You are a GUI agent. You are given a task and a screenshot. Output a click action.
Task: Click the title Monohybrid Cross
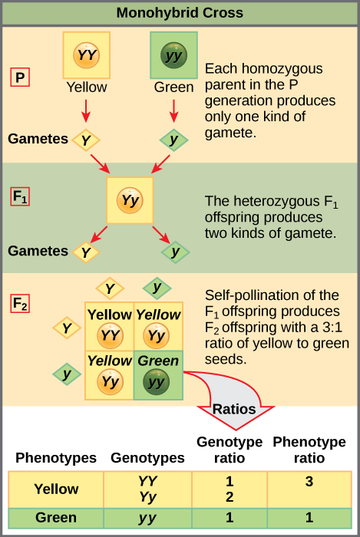[180, 12]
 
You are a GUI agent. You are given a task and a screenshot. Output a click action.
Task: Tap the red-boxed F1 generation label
[20, 197]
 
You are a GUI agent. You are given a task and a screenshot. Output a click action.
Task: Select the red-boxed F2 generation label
[20, 303]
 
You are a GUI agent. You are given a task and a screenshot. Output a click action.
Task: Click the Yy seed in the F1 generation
[130, 201]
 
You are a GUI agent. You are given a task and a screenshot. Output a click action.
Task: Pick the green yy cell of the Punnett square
[157, 374]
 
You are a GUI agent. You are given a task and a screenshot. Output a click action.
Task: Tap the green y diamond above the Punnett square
[157, 288]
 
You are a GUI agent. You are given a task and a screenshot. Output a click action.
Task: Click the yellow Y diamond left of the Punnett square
[67, 328]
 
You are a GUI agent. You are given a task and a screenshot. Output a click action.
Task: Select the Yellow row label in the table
[56, 489]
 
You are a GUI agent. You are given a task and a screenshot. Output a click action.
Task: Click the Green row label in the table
[56, 518]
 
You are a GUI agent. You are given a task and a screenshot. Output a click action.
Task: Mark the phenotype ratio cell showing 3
[309, 482]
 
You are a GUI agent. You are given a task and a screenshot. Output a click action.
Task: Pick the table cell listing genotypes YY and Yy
[147, 489]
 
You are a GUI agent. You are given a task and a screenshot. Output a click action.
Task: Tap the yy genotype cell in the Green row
[147, 518]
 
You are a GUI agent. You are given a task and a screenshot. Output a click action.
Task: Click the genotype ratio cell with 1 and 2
[229, 489]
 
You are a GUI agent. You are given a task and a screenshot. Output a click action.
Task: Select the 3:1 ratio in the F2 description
[325, 328]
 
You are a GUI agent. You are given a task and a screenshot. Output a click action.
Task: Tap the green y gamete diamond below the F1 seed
[175, 252]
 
